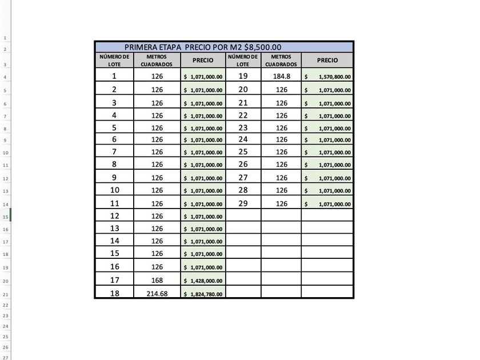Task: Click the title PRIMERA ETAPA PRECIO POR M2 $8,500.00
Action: tap(203, 47)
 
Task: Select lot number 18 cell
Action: tap(114, 293)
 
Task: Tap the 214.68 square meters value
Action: tap(157, 294)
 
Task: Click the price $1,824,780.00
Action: tap(203, 294)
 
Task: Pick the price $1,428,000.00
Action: tap(203, 281)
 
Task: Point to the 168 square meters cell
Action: tap(157, 281)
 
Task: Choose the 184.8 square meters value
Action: tap(282, 76)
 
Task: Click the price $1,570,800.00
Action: tap(328, 77)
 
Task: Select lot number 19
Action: tap(243, 76)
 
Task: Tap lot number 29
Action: tap(243, 203)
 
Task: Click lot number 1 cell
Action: tap(114, 76)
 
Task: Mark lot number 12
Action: tap(114, 216)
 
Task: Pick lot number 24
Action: tap(243, 139)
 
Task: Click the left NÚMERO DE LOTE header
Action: tap(114, 60)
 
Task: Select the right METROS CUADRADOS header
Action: tap(281, 60)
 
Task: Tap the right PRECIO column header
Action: tap(327, 60)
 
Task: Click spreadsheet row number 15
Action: tap(5, 217)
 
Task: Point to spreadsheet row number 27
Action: tap(5, 357)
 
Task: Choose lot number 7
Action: tap(114, 151)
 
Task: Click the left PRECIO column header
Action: tap(203, 60)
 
